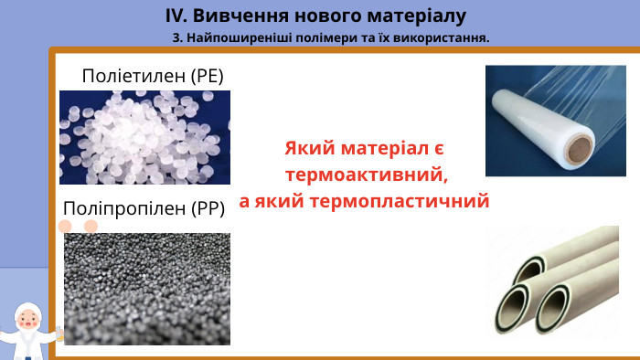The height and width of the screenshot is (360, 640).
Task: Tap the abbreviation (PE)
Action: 207,76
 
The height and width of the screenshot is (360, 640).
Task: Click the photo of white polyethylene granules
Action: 144,137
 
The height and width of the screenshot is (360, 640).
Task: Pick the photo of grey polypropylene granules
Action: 146,288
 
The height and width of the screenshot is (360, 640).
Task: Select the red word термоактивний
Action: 366,174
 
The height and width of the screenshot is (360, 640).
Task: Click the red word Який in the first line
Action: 305,148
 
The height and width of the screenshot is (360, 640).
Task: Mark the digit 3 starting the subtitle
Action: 175,38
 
